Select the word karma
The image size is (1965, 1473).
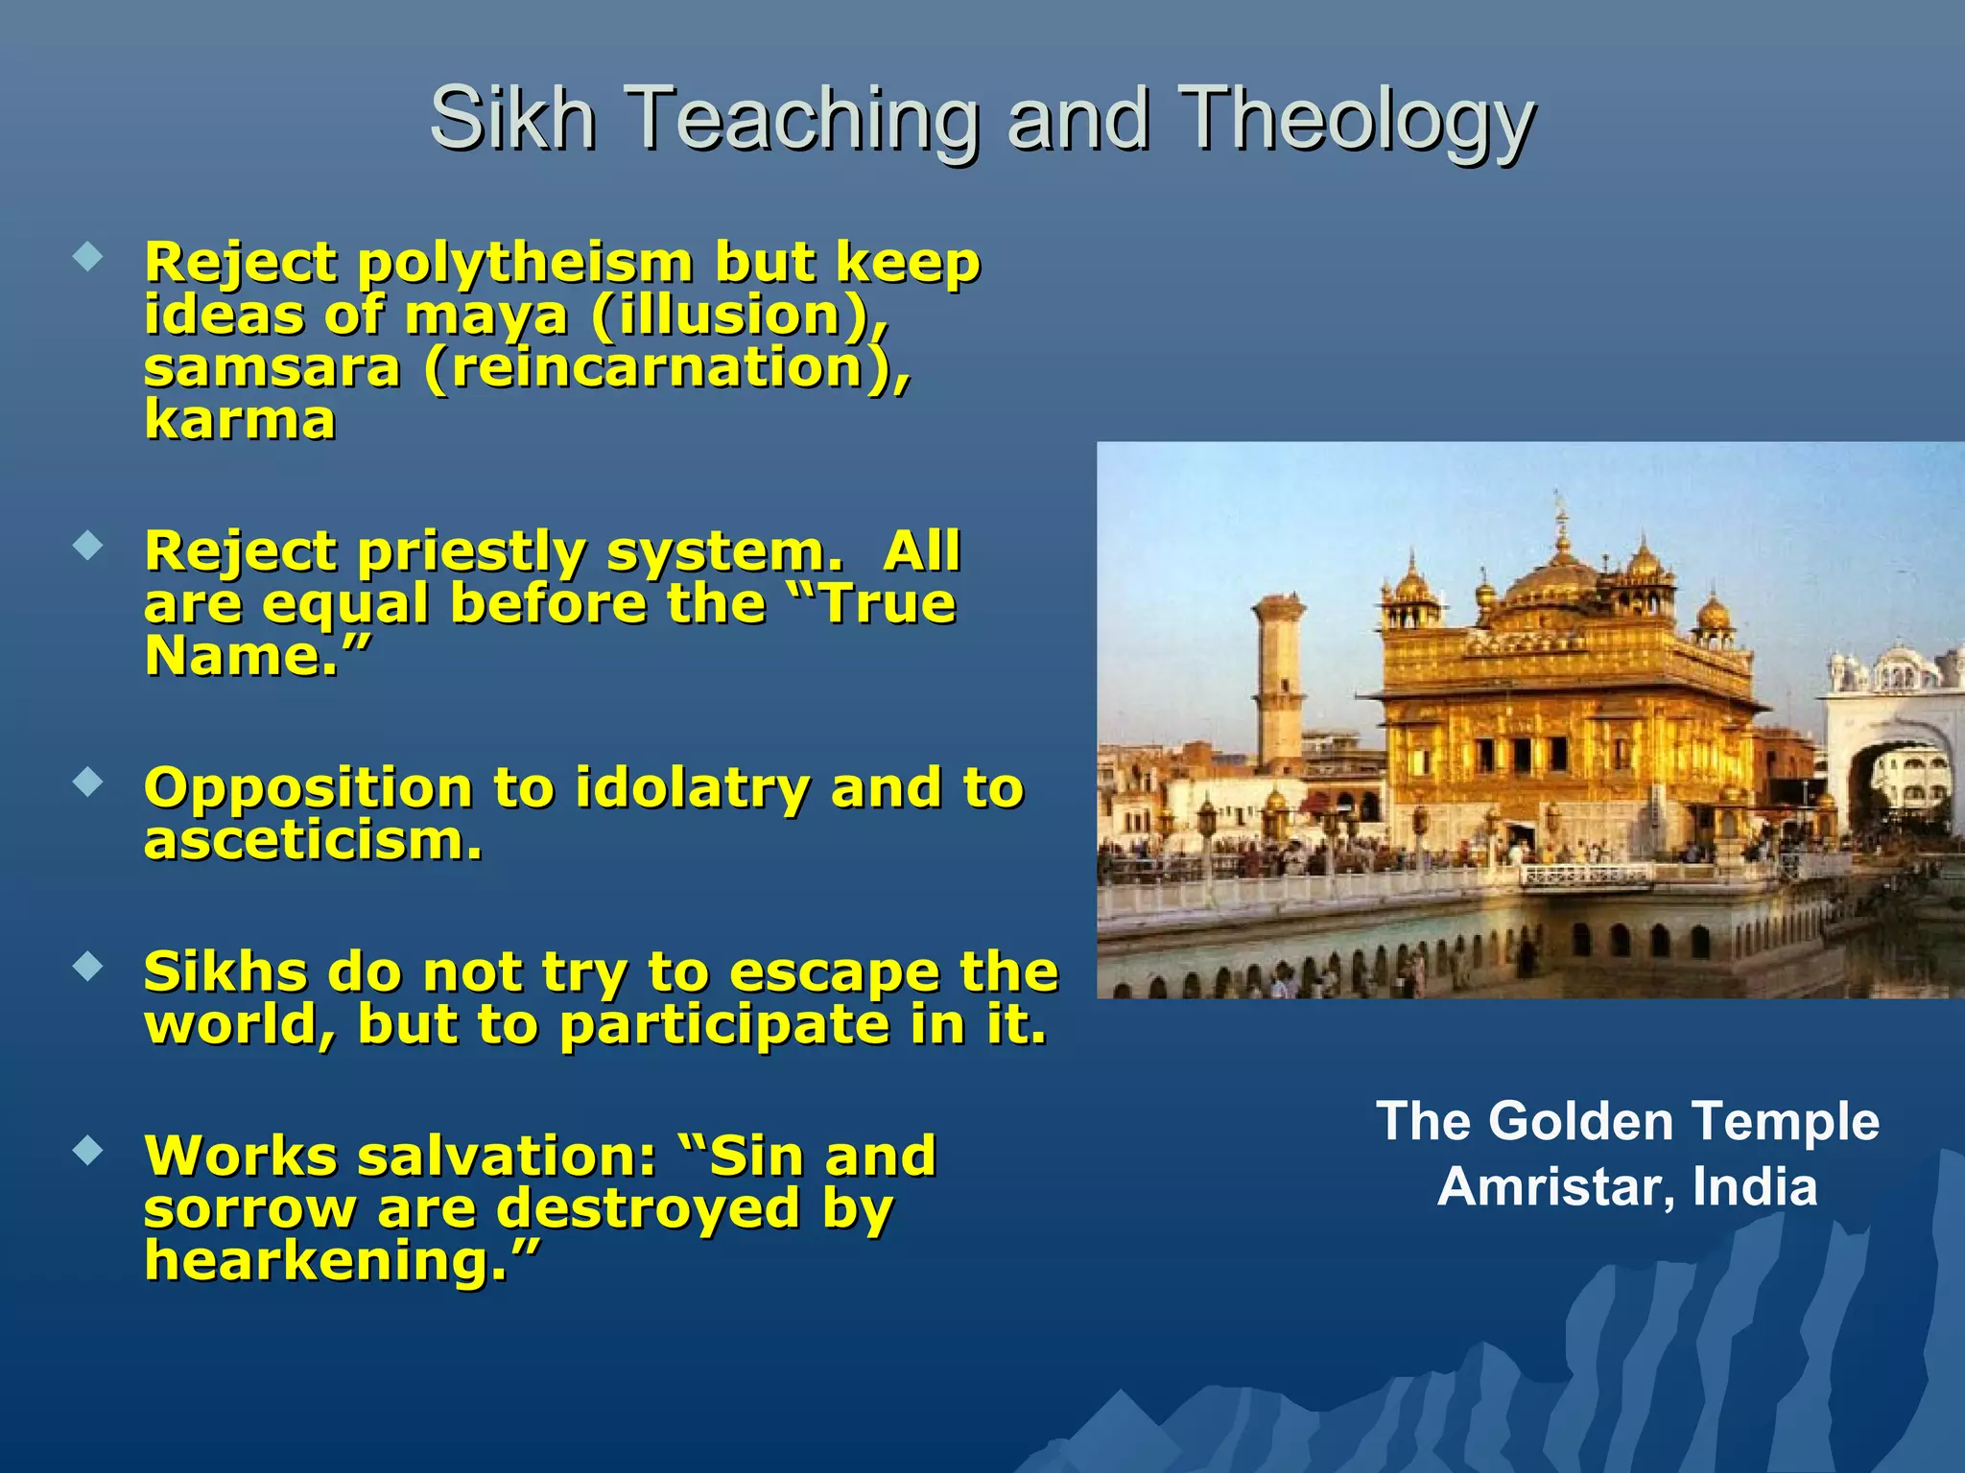pyautogui.click(x=240, y=420)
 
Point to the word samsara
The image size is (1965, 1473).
pyautogui.click(x=272, y=368)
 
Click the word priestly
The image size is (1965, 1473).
pyautogui.click(x=470, y=552)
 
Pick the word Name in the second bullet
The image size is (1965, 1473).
pyautogui.click(x=240, y=657)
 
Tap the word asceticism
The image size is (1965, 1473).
pyautogui.click(x=311, y=841)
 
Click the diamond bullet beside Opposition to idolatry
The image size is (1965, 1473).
pyautogui.click(x=88, y=783)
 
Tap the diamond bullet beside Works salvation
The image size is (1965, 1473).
pyautogui.click(x=88, y=1150)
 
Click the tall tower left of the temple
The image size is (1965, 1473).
pyautogui.click(x=1279, y=681)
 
